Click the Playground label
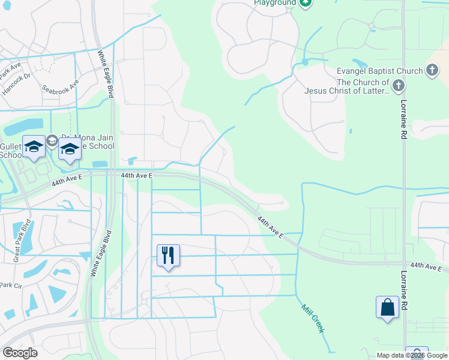(x=274, y=3)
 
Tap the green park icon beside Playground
(x=306, y=3)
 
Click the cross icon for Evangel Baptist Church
(x=432, y=71)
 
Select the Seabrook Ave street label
(x=60, y=88)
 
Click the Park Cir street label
(x=11, y=285)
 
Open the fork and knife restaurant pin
(x=168, y=255)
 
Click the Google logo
(x=19, y=353)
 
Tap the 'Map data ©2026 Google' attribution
(x=411, y=355)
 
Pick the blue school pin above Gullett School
(x=34, y=147)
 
